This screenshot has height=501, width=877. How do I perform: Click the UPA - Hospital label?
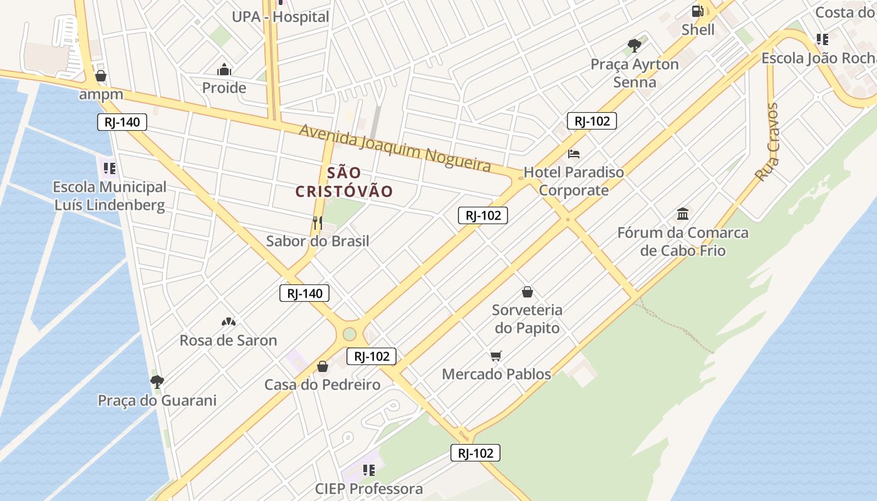[x=280, y=17]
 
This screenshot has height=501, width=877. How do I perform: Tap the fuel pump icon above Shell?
[x=697, y=11]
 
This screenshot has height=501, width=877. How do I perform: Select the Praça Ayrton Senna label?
[x=635, y=73]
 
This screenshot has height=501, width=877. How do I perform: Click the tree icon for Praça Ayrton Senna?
[x=635, y=45]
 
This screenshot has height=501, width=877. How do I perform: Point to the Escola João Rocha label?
[x=818, y=58]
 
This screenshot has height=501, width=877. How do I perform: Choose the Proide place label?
[x=224, y=88]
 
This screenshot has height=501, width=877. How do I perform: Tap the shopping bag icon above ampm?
[x=100, y=76]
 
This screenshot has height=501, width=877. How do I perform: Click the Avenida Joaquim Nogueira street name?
[x=395, y=147]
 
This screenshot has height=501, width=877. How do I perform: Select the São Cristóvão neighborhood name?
[x=344, y=182]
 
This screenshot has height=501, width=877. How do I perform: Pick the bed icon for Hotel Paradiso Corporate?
[x=574, y=153]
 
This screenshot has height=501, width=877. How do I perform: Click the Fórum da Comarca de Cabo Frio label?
[x=683, y=242]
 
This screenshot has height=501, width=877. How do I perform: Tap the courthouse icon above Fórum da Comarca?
[x=683, y=214]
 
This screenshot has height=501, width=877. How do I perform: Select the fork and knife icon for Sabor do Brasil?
[x=318, y=222]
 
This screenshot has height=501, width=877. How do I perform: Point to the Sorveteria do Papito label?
[x=527, y=319]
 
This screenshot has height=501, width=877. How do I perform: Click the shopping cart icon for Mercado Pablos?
[x=496, y=356]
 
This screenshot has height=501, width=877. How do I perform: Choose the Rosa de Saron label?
[x=228, y=341]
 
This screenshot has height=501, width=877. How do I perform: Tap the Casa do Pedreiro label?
[x=322, y=385]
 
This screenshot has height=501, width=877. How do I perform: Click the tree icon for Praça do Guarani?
[x=157, y=381]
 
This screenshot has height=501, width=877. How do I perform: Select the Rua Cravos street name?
[x=766, y=142]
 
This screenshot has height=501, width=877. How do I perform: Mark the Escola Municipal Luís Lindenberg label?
[x=110, y=195]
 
